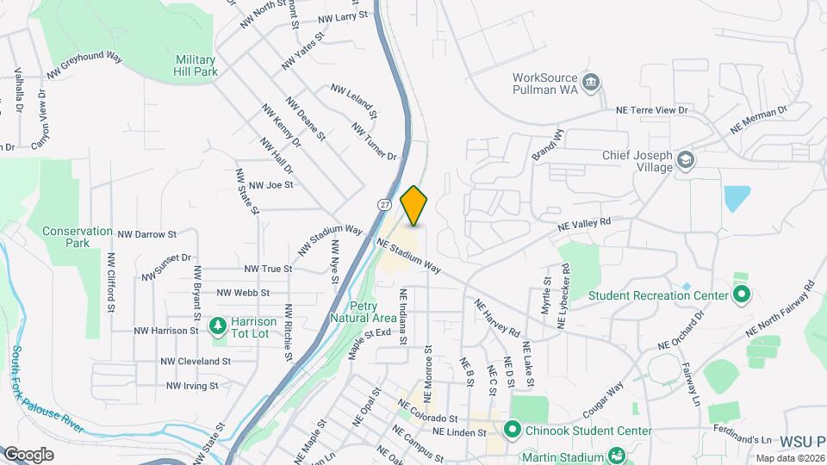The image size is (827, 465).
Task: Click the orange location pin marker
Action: click(x=414, y=206)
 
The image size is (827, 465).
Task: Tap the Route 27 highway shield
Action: click(x=383, y=203)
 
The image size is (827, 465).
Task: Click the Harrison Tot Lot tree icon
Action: click(x=219, y=325)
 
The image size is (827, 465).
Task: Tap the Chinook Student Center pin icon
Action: click(x=512, y=428)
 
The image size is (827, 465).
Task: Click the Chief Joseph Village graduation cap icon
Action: click(x=685, y=159)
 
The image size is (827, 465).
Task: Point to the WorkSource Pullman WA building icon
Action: click(x=591, y=83)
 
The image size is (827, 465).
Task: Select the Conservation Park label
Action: click(x=78, y=237)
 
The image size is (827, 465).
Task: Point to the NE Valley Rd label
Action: click(x=583, y=223)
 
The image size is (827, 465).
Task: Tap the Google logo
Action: click(x=28, y=454)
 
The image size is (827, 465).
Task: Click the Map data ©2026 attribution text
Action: click(x=789, y=458)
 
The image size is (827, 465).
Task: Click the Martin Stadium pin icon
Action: click(x=616, y=455)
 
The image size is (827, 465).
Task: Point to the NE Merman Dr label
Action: click(x=758, y=119)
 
